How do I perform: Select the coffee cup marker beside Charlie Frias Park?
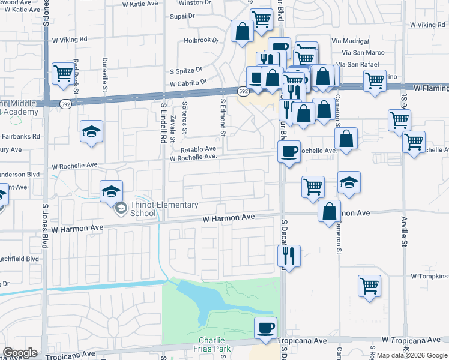(x=265, y=328)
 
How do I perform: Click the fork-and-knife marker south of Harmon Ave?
(x=289, y=256)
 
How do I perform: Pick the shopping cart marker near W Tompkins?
(x=369, y=285)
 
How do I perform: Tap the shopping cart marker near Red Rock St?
(x=63, y=74)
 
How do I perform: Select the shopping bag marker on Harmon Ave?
(x=330, y=211)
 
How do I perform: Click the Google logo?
(x=20, y=353)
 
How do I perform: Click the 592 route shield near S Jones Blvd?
(x=65, y=104)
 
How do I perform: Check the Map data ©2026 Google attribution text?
(x=412, y=355)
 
